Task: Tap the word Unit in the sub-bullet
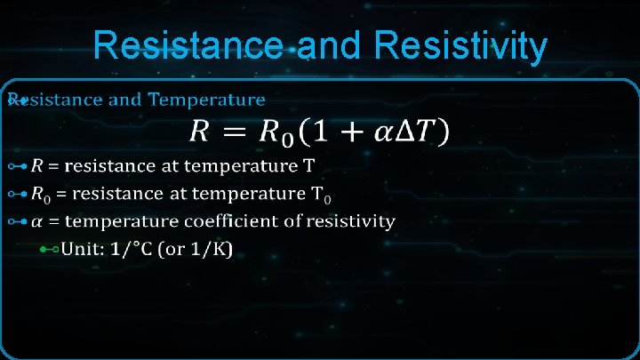78,252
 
